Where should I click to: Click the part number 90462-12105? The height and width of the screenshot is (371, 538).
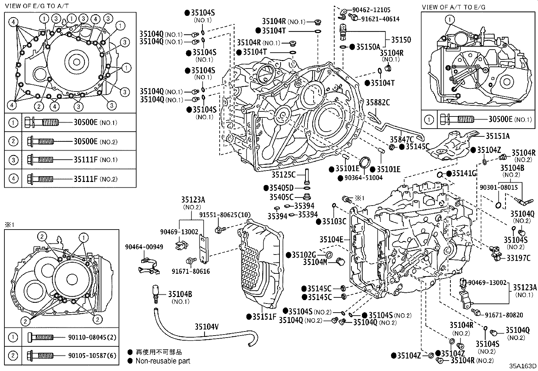coord(371,10)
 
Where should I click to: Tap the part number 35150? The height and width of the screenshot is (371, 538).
coord(401,40)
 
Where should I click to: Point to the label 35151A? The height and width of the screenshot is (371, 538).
coord(498,136)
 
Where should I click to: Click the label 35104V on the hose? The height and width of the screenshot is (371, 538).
coord(206,326)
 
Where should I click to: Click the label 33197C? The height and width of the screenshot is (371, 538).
coord(518,258)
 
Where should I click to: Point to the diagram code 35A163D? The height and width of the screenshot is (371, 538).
coord(523,366)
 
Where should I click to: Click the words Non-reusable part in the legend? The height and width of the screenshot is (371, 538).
coord(163,361)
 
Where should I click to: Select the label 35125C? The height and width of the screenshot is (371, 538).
coord(284,175)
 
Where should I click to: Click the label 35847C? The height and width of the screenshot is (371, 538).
coord(402,139)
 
